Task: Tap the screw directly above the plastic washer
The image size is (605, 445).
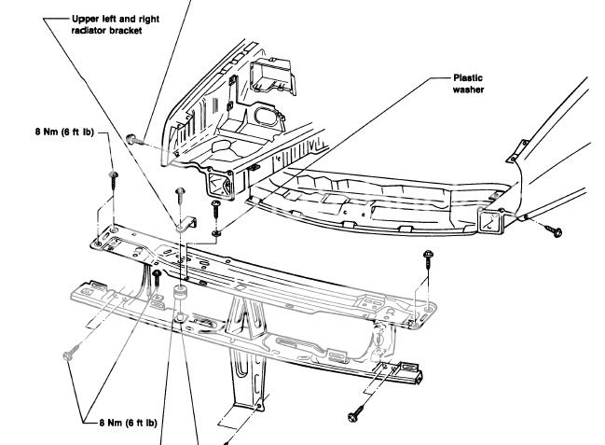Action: (x=215, y=203)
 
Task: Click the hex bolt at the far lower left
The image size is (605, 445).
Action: (x=69, y=356)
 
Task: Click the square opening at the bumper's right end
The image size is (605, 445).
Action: (x=491, y=220)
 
